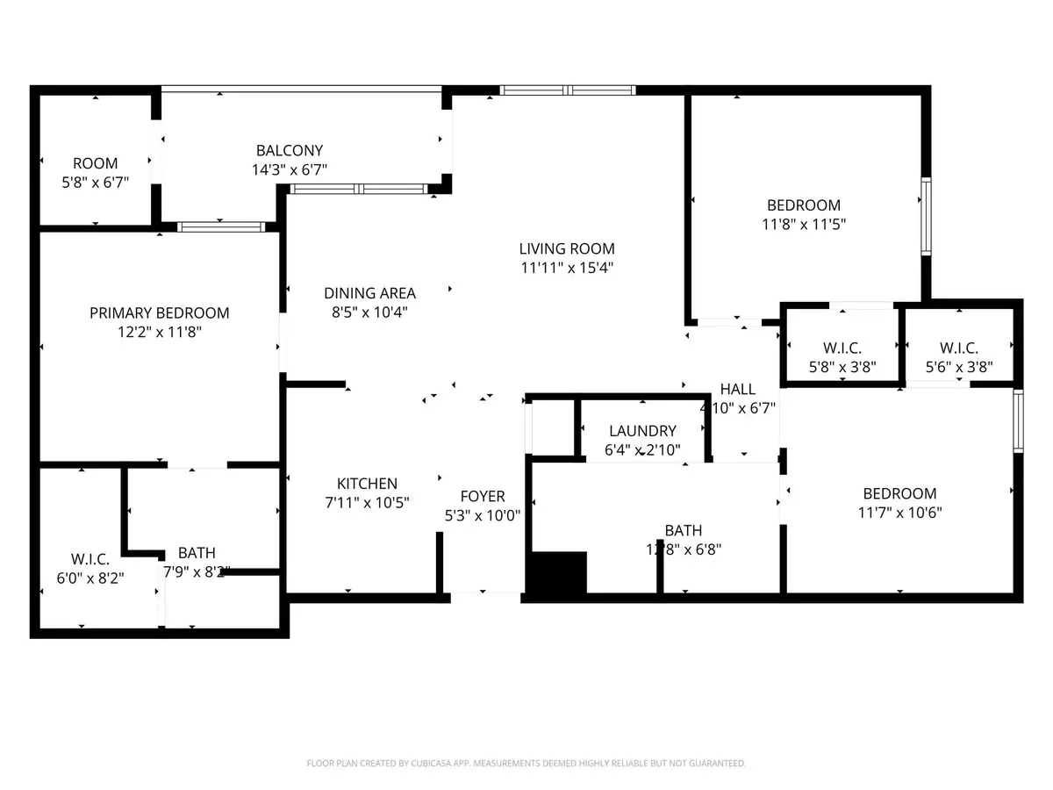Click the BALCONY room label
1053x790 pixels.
click(x=290, y=150)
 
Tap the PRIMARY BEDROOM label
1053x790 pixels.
click(x=160, y=312)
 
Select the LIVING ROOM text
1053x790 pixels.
click(x=566, y=248)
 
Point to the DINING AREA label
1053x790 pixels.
click(x=369, y=293)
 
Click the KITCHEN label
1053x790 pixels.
click(x=367, y=484)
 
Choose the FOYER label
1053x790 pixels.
click(x=483, y=497)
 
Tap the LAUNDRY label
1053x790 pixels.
click(x=642, y=431)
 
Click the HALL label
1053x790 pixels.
click(x=737, y=389)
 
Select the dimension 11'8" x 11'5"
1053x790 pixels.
click(x=803, y=224)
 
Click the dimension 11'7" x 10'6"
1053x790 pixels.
click(x=899, y=513)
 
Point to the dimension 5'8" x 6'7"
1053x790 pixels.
click(x=95, y=183)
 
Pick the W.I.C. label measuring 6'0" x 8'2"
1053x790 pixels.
click(x=90, y=558)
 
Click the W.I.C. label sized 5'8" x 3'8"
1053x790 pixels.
click(x=842, y=348)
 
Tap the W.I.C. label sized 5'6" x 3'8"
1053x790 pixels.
click(x=958, y=348)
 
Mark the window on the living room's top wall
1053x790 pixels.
click(x=568, y=90)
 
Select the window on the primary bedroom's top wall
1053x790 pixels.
click(x=221, y=226)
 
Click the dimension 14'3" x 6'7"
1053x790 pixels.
click(x=290, y=170)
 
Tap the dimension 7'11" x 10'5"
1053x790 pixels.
click(x=367, y=503)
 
